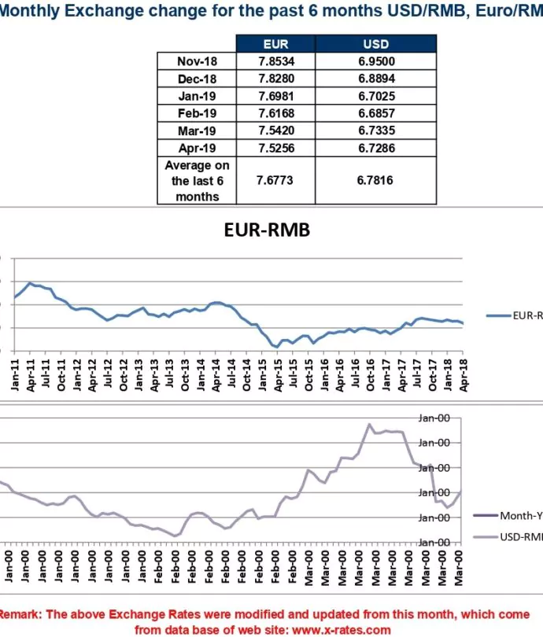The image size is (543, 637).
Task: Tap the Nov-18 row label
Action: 197,61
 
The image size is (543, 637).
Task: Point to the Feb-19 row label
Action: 197,113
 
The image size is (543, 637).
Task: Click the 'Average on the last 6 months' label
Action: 197,180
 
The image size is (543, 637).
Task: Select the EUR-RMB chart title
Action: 268,230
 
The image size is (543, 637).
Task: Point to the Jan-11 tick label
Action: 15,374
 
